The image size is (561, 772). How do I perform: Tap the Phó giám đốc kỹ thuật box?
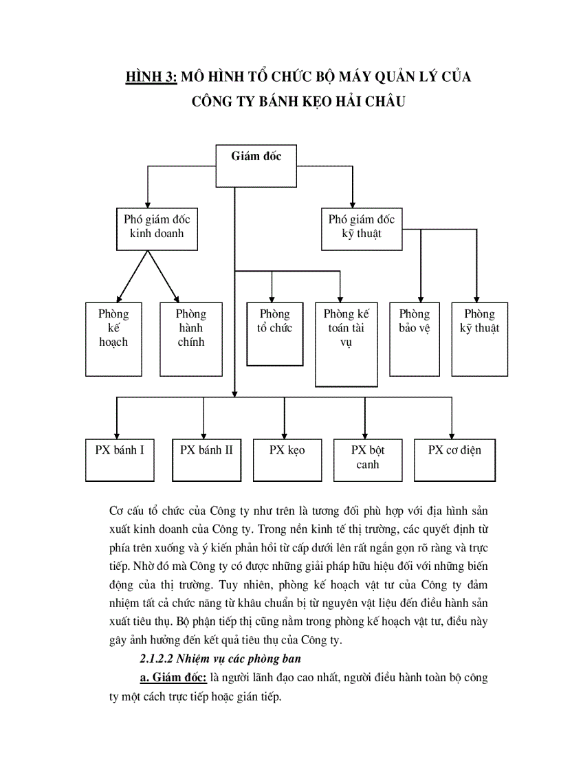pyautogui.click(x=362, y=230)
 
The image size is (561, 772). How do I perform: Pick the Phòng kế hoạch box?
pyautogui.click(x=113, y=335)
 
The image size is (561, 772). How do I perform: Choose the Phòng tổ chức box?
pyautogui.click(x=275, y=333)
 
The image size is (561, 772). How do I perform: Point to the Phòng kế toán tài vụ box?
pyautogui.click(x=346, y=344)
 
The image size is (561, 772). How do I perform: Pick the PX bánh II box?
pyautogui.click(x=206, y=459)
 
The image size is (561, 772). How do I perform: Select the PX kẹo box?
pyautogui.click(x=287, y=459)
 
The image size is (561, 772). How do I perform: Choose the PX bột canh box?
pyautogui.click(x=367, y=459)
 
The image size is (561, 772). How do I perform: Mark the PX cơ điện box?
pyautogui.click(x=454, y=459)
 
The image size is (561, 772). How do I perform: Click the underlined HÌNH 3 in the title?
pyautogui.click(x=151, y=77)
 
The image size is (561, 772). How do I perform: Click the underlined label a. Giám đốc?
pyautogui.click(x=173, y=678)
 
